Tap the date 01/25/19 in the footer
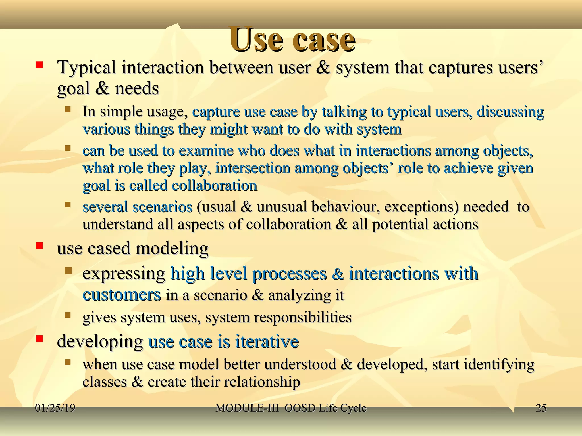(x=55, y=408)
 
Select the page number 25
(x=541, y=408)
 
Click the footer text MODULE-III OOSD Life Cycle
(x=291, y=408)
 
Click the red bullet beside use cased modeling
(x=39, y=246)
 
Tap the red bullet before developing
(x=39, y=339)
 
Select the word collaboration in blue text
(x=215, y=186)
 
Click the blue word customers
(x=122, y=295)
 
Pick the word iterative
(x=267, y=341)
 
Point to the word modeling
(x=172, y=248)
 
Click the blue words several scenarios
(x=138, y=207)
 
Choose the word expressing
(x=124, y=274)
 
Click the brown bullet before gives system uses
(x=68, y=315)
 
